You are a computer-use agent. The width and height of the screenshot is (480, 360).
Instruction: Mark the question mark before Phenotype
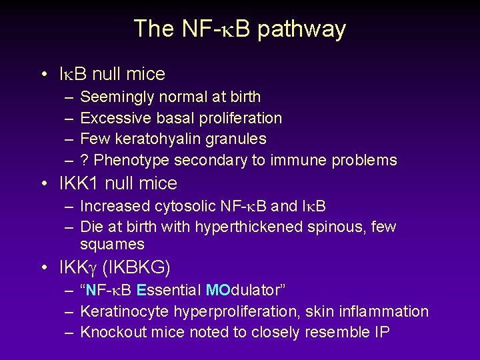(x=84, y=160)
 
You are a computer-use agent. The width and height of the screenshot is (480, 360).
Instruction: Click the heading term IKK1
(x=82, y=183)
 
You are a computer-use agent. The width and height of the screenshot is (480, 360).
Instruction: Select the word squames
(x=112, y=245)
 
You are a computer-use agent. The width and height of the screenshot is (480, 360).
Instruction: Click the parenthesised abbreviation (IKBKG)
(x=137, y=268)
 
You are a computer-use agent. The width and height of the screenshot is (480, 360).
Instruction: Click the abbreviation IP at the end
(x=381, y=332)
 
